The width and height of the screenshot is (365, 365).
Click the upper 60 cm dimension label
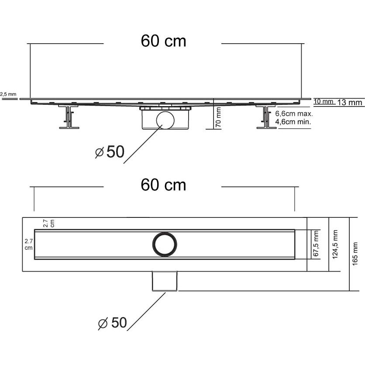[x=163, y=41]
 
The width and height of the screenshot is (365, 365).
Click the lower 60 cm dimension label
[x=163, y=185]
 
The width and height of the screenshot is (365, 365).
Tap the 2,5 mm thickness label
[x=8, y=94]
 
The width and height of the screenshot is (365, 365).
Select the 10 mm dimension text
[x=324, y=101]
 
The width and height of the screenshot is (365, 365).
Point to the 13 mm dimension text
[x=350, y=102]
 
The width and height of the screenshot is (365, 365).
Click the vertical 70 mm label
[x=218, y=117]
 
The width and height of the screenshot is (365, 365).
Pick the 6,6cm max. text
[x=294, y=114]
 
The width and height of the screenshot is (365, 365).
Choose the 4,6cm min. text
[x=293, y=122]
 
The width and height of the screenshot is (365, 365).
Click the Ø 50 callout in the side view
[x=110, y=152]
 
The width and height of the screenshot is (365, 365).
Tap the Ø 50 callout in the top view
[x=113, y=323]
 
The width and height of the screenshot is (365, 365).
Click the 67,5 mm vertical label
[x=316, y=244]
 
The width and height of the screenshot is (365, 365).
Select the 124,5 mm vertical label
[x=335, y=244]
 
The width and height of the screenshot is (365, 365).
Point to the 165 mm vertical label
[x=355, y=254]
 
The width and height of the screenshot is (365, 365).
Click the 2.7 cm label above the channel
[x=49, y=223]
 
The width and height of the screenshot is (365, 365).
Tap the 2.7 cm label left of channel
[x=29, y=244]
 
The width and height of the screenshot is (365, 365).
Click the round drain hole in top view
[x=165, y=244]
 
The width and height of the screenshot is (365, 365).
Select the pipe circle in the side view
[x=165, y=120]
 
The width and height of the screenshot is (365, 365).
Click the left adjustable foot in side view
[x=69, y=117]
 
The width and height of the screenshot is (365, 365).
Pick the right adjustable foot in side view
[x=265, y=117]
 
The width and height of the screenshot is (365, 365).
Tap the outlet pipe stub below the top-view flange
[x=165, y=281]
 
